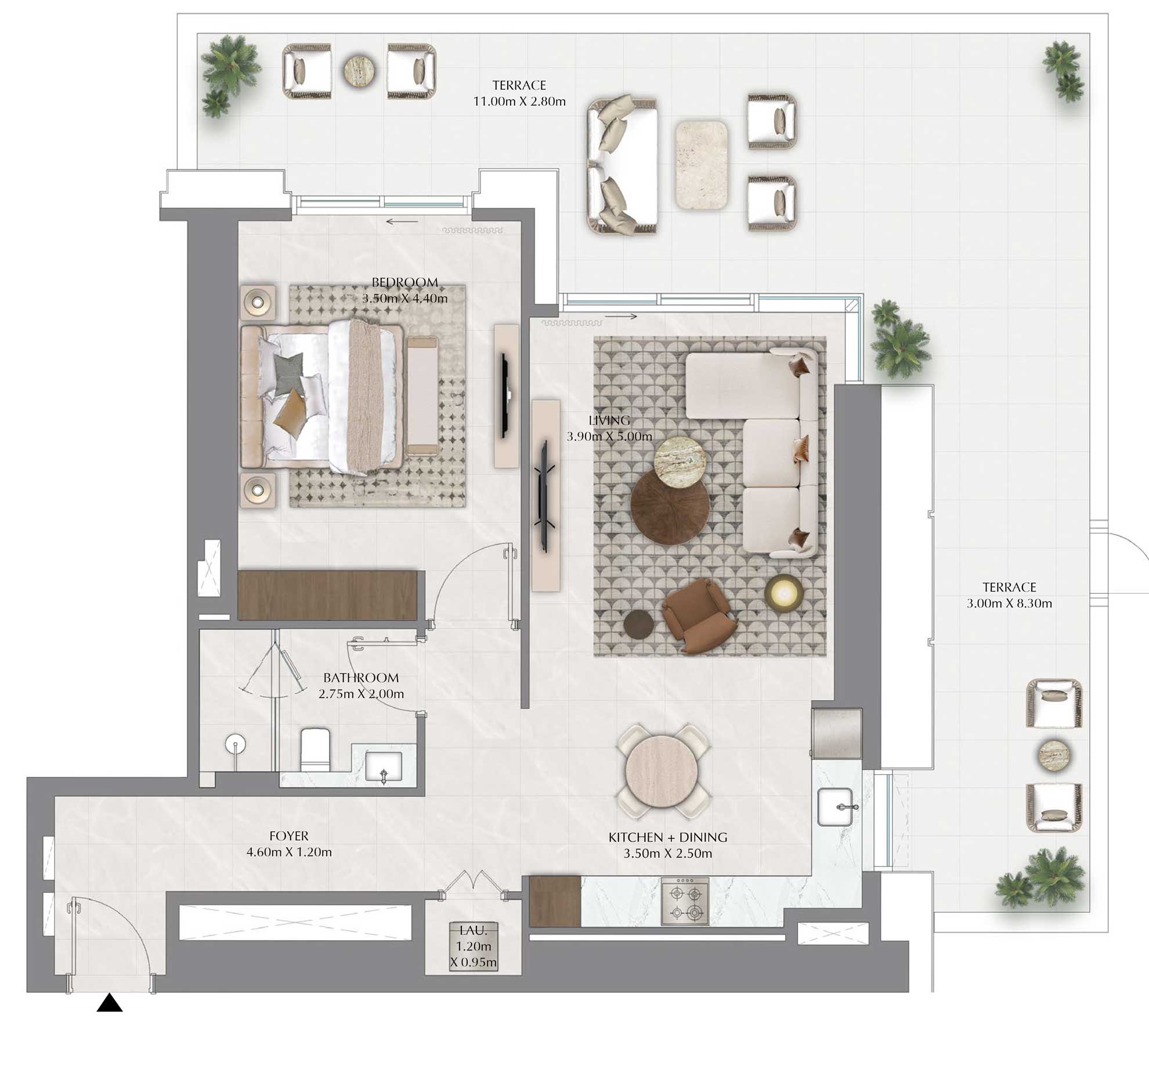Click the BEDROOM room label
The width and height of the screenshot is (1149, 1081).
(x=404, y=282)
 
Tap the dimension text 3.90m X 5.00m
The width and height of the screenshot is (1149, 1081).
(x=609, y=437)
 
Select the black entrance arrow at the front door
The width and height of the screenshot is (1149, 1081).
(x=109, y=1003)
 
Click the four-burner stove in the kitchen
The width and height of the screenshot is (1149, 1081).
(x=685, y=901)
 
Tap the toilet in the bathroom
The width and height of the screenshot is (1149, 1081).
(x=315, y=749)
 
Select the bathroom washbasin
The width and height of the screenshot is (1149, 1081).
(x=383, y=767)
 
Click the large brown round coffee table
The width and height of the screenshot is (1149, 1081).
(x=670, y=506)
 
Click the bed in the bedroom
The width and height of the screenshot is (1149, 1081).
(x=322, y=397)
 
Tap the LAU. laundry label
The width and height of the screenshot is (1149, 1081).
(x=473, y=931)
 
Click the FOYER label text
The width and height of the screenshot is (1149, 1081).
(x=289, y=836)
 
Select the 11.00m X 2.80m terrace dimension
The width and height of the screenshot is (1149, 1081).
(x=519, y=101)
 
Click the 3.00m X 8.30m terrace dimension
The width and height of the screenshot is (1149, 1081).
(x=1009, y=603)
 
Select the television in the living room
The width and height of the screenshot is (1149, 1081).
(x=545, y=496)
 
